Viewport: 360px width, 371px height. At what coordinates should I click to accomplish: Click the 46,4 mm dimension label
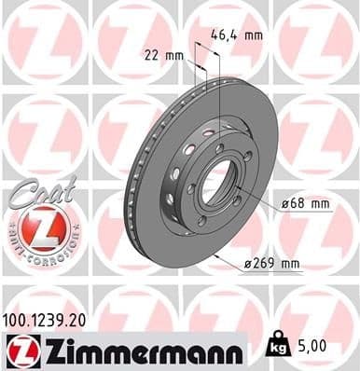[x=235, y=36]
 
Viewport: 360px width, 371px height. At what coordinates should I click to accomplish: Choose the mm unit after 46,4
[x=252, y=36]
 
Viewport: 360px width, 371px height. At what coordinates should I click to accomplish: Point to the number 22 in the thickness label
[x=149, y=54]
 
